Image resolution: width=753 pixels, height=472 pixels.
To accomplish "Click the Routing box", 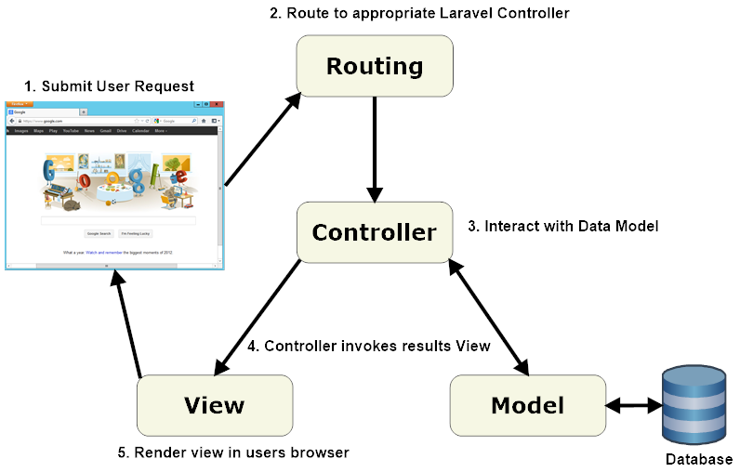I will tap(374, 66).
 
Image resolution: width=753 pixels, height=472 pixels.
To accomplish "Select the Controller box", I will tap(374, 231).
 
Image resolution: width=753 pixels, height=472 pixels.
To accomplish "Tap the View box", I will tap(214, 405).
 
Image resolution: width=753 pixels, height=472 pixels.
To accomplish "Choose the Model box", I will tap(526, 405).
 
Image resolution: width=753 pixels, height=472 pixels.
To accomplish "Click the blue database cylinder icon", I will tap(694, 405).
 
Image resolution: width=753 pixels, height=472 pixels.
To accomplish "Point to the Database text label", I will tap(698, 460).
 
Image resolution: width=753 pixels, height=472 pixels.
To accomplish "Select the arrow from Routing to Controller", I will tap(375, 150).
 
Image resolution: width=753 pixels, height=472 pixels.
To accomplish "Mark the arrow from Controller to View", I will tap(259, 316).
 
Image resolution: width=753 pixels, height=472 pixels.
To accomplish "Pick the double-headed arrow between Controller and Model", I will tap(489, 316).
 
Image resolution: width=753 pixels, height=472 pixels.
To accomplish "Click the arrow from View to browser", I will tap(127, 325).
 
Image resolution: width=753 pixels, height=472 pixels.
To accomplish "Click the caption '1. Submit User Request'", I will tap(109, 86).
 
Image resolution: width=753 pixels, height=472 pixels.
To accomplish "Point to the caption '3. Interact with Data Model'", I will tap(562, 226).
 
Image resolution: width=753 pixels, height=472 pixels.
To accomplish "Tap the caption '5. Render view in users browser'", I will tap(232, 452).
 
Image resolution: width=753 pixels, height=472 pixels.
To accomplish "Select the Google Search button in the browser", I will tap(99, 233).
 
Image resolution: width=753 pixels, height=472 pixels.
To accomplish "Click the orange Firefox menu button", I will tap(17, 104).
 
